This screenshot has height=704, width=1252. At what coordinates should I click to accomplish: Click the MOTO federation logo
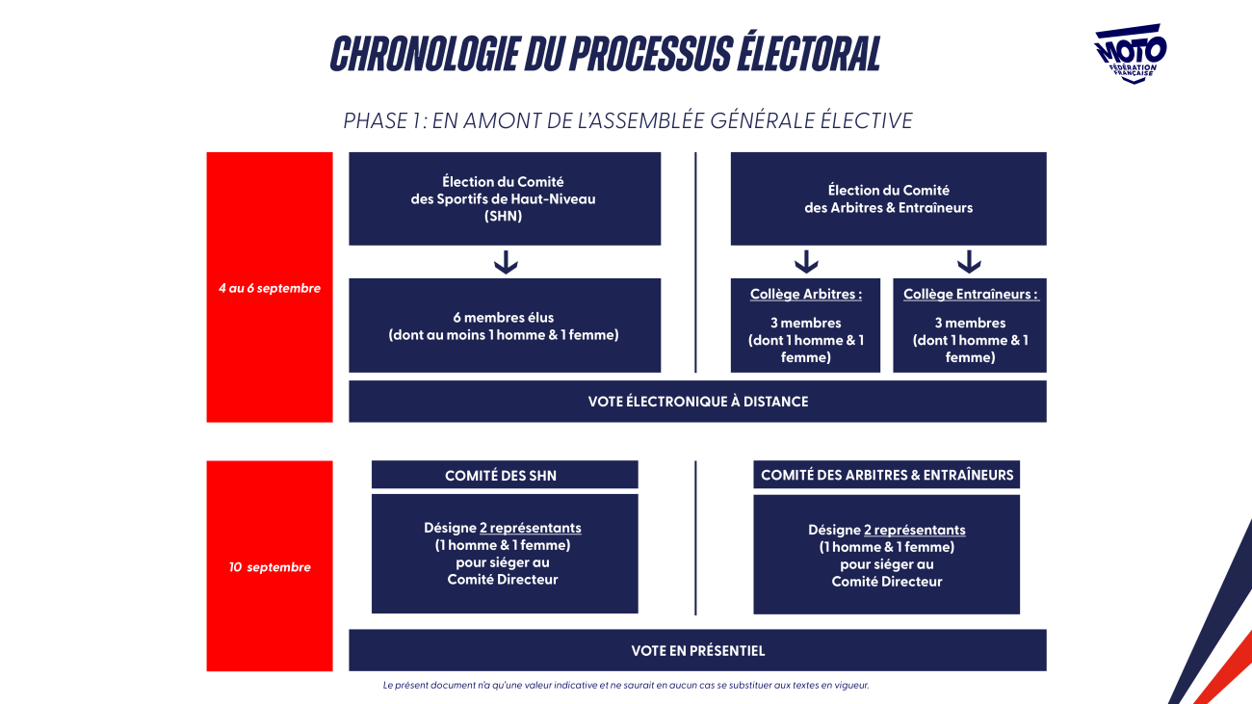[x=1130, y=54]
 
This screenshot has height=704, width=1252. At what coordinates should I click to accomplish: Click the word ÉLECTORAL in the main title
[x=809, y=53]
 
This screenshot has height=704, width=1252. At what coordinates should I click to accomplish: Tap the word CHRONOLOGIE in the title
[x=426, y=54]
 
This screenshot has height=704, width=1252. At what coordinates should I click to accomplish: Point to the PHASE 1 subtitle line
[x=628, y=120]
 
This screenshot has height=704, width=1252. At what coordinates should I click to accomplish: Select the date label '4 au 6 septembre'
[x=270, y=288]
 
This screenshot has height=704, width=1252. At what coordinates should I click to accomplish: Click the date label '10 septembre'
[x=270, y=567]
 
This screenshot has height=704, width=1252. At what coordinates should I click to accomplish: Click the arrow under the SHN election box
[x=506, y=262]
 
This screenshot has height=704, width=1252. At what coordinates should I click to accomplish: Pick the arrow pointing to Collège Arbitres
[x=806, y=262]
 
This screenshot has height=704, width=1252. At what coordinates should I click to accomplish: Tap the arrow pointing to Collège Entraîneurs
[x=969, y=262]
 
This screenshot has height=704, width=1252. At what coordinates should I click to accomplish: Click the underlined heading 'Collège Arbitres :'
[x=805, y=294]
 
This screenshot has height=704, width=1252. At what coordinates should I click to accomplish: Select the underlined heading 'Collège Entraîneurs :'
[x=971, y=294]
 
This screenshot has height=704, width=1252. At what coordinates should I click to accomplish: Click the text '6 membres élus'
[x=503, y=318]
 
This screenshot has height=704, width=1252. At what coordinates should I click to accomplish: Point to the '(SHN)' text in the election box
[x=503, y=217]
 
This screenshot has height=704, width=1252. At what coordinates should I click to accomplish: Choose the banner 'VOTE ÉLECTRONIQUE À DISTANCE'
[x=697, y=402]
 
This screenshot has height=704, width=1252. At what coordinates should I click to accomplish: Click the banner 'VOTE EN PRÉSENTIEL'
[x=697, y=650]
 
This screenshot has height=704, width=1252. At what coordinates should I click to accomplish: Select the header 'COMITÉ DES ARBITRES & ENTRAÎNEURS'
[x=886, y=475]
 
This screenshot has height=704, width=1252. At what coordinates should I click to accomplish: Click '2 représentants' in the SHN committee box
[x=531, y=528]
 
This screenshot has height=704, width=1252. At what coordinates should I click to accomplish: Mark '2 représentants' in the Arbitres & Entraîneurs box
[x=914, y=530]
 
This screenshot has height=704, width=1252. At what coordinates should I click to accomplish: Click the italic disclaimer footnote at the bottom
[x=625, y=685]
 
